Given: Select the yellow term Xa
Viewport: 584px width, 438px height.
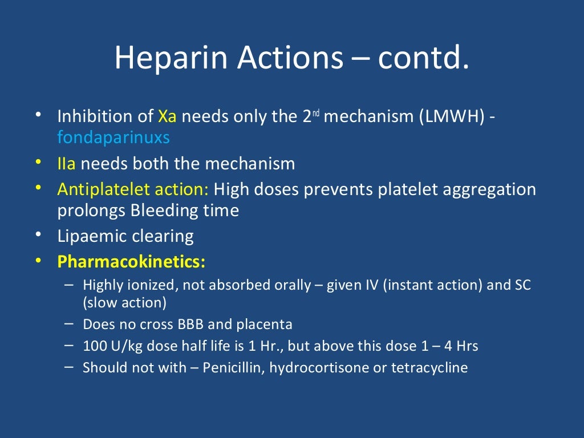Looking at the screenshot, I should (167, 117).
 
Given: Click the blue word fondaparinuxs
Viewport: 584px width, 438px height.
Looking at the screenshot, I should (113, 137).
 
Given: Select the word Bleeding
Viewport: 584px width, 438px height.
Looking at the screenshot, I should (160, 210).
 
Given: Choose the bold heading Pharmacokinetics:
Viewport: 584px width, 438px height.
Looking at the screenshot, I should (131, 262).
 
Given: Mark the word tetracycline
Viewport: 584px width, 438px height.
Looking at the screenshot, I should (429, 368).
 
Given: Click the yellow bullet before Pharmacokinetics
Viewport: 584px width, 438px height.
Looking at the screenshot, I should (38, 261).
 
